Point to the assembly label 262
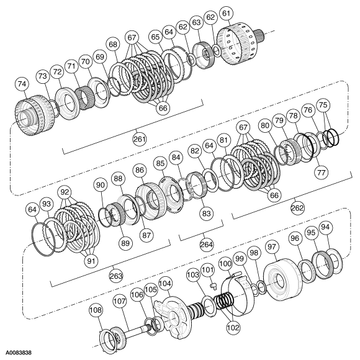pos(297,209)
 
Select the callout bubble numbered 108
pos(95,308)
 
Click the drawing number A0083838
pos(20,353)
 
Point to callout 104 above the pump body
pos(165,282)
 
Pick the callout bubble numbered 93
pos(46,204)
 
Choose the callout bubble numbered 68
pos(112,45)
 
